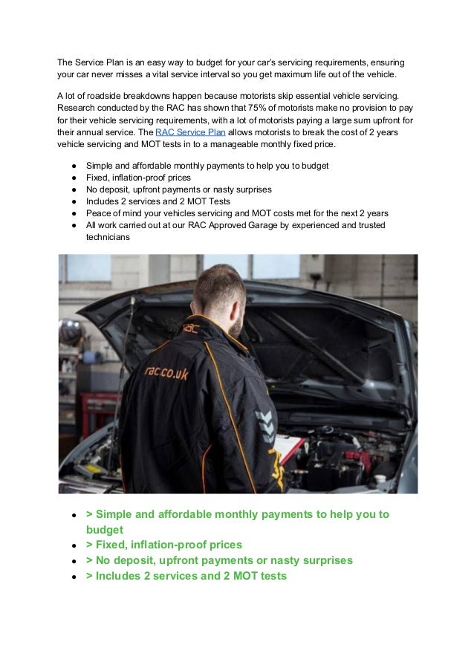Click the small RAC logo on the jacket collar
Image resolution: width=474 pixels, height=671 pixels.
(x=192, y=325)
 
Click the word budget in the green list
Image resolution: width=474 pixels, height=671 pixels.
(x=105, y=530)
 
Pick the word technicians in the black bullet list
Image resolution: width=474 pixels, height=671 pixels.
(x=108, y=239)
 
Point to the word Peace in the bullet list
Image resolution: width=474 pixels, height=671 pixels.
(x=100, y=213)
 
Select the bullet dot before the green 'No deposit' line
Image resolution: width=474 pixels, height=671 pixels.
(x=75, y=561)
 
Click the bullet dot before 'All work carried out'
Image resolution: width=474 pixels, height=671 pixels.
(x=74, y=226)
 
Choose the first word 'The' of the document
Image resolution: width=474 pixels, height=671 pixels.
(x=66, y=61)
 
